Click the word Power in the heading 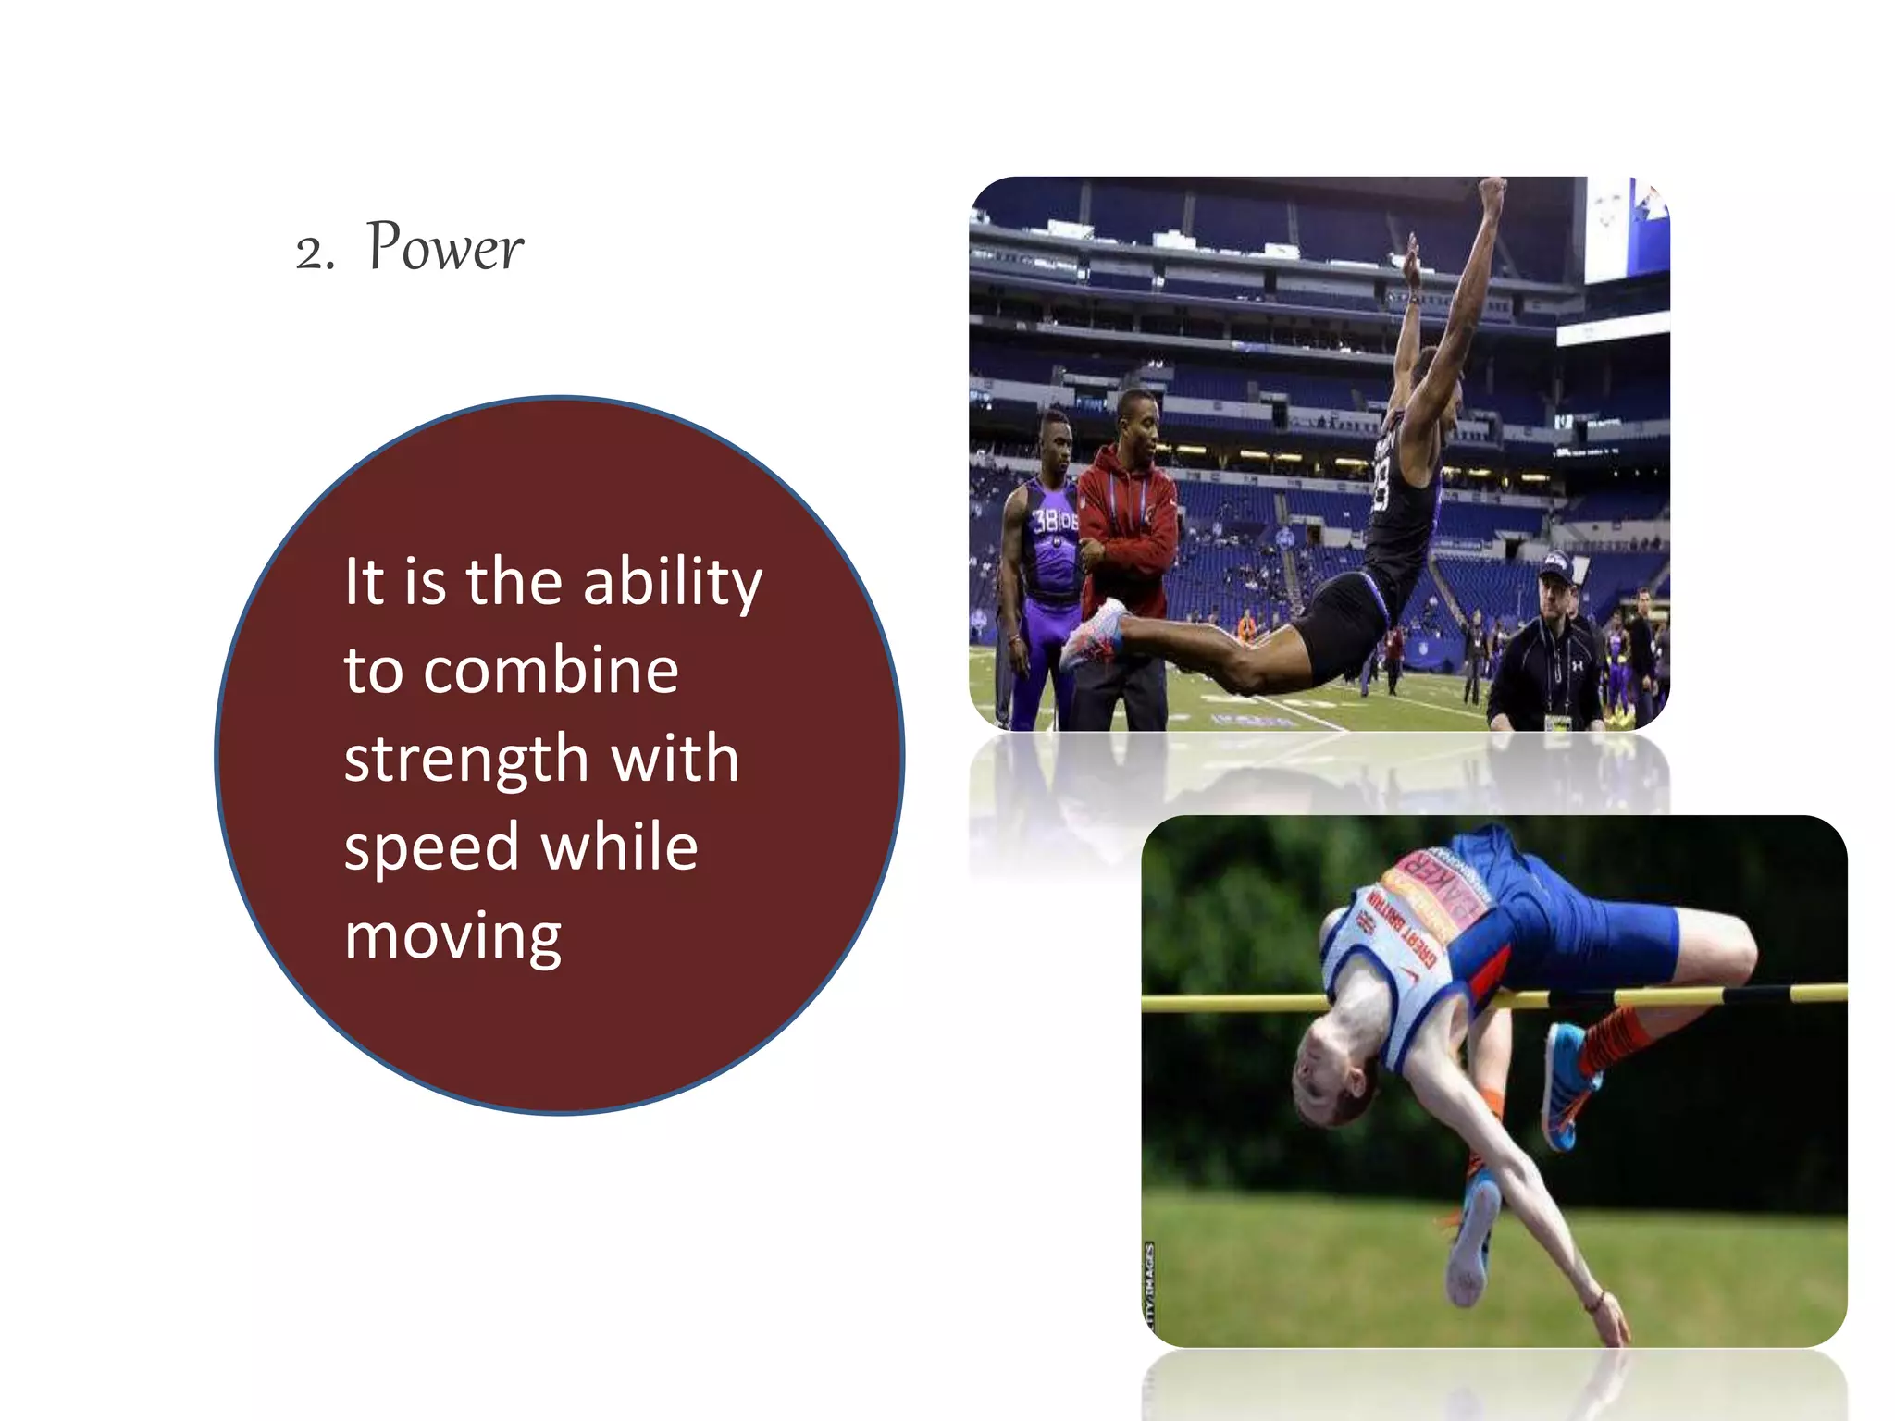coord(445,248)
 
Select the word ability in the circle coord(673,584)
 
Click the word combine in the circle coord(551,670)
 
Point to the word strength coord(466,759)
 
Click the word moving coord(452,936)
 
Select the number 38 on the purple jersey coord(1047,521)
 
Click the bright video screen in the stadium coord(1625,231)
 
